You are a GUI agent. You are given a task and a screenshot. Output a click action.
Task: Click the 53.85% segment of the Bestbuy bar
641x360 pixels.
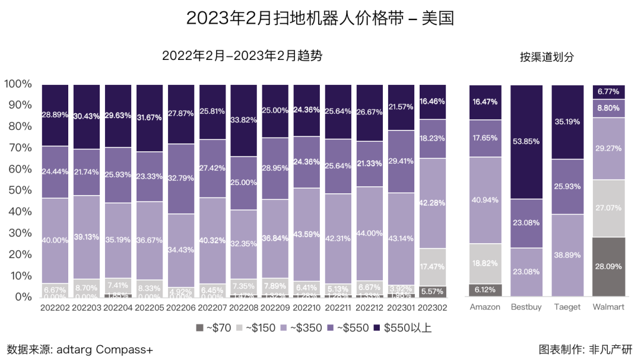[x=526, y=142]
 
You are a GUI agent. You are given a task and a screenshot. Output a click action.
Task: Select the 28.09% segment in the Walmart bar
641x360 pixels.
[x=608, y=266]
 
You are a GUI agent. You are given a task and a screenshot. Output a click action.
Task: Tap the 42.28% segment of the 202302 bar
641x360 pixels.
[x=433, y=203]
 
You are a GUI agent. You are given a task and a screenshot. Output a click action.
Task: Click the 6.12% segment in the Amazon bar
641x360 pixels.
[x=485, y=290]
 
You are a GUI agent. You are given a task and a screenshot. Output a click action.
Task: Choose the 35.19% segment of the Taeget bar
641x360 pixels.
[x=567, y=122]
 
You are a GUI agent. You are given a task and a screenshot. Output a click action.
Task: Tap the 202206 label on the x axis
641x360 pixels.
[x=181, y=308]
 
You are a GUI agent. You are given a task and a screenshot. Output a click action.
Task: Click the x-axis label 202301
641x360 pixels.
[x=401, y=308]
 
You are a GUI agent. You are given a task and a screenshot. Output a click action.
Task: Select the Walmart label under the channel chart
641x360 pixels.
[x=608, y=307]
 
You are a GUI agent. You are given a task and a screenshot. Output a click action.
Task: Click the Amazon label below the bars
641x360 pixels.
[x=485, y=307]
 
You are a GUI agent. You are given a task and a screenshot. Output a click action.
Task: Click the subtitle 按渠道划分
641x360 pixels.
[x=547, y=57]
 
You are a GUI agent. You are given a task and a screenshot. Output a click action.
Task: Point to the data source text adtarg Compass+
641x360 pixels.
[x=80, y=349]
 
